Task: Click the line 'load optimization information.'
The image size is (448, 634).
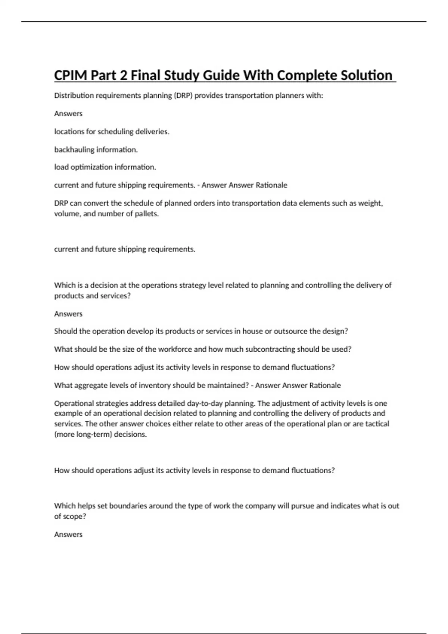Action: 105,167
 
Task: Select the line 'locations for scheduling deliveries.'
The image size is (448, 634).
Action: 112,132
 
